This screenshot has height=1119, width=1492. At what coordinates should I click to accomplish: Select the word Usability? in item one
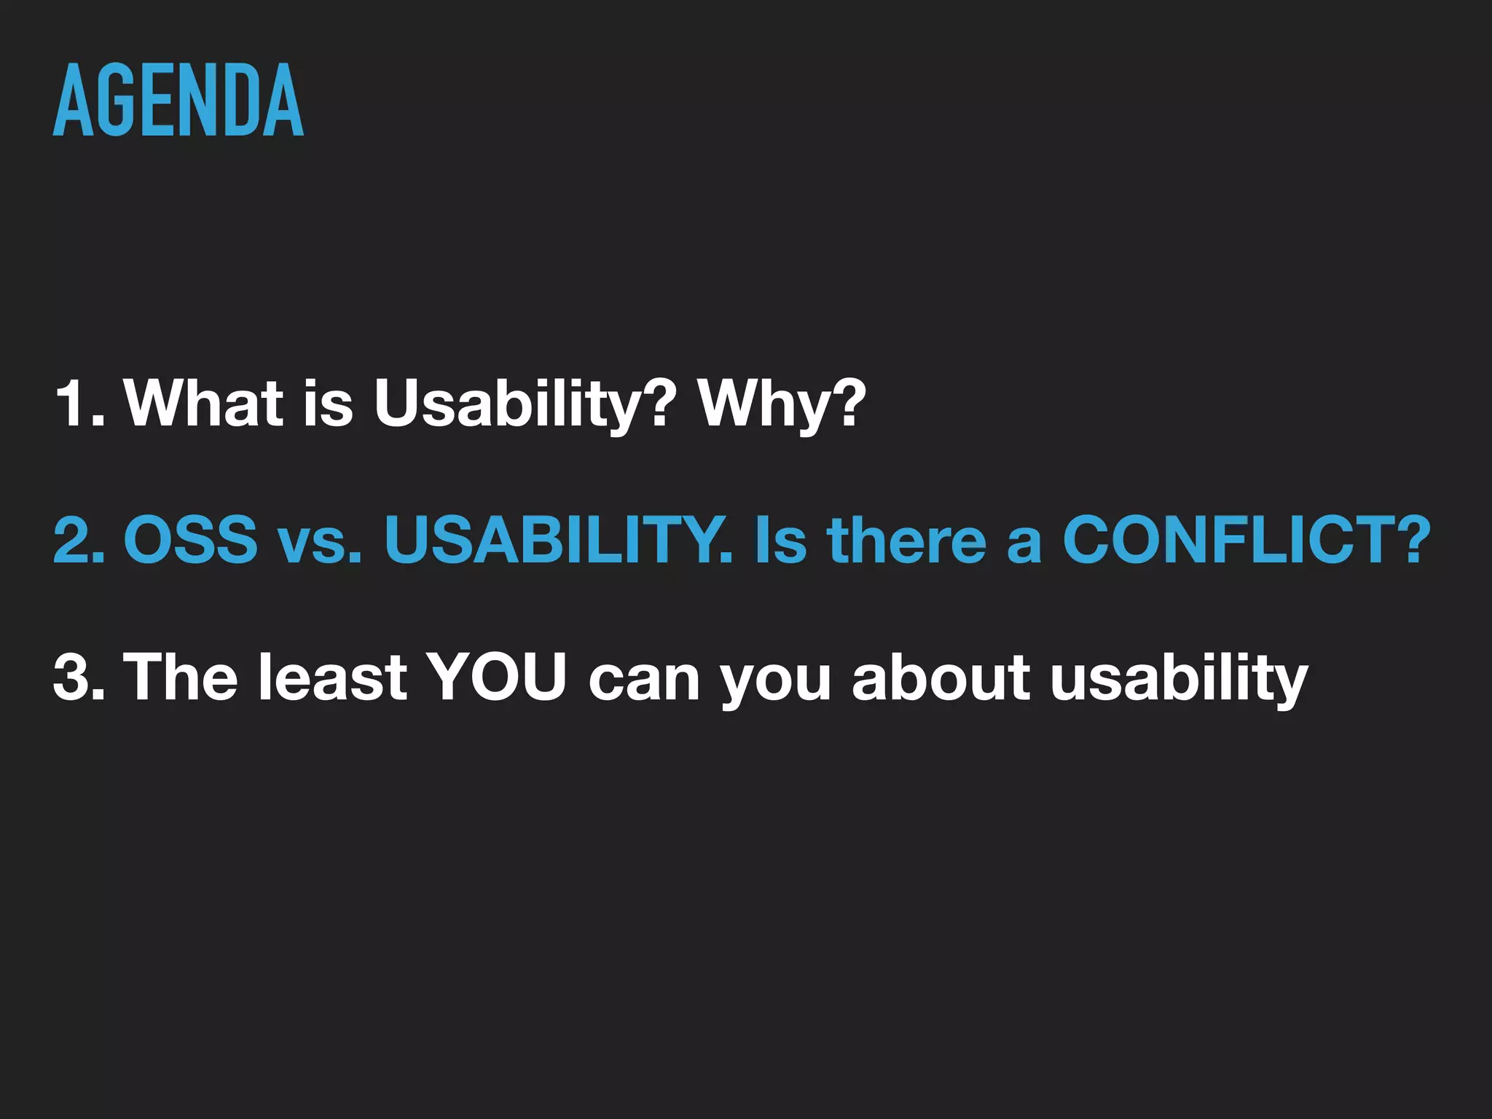pyautogui.click(x=525, y=405)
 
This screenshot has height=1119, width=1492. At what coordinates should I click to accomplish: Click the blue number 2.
pyautogui.click(x=79, y=540)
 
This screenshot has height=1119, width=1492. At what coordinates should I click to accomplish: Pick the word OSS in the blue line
pyautogui.click(x=191, y=540)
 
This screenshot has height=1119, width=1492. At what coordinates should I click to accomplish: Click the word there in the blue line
pyautogui.click(x=906, y=540)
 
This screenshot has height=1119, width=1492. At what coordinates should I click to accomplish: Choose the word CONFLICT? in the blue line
pyautogui.click(x=1246, y=540)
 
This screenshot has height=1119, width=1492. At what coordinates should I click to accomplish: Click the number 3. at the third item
pyautogui.click(x=79, y=677)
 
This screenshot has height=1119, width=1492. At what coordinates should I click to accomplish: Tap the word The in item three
pyautogui.click(x=181, y=677)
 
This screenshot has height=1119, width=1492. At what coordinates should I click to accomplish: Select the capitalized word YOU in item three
pyautogui.click(x=495, y=677)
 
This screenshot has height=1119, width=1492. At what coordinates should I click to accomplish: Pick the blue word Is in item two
pyautogui.click(x=782, y=540)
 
